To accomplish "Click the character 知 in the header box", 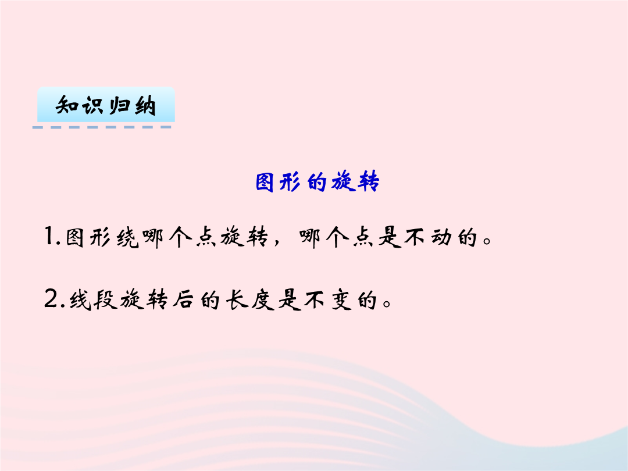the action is pos(66,105).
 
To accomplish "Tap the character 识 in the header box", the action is pos(92,105).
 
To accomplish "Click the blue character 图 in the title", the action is pos(265,182).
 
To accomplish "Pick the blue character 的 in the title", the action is pos(317,183).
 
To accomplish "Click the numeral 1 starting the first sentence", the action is pos(49,236).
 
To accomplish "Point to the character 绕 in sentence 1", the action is pos(127,238).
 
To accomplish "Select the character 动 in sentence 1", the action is pos(441,237).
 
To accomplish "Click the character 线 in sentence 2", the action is pos(80,300).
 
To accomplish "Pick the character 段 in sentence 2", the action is pos(106,300).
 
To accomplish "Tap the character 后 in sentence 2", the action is pos(183,300).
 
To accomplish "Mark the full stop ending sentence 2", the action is pos(387,303).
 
